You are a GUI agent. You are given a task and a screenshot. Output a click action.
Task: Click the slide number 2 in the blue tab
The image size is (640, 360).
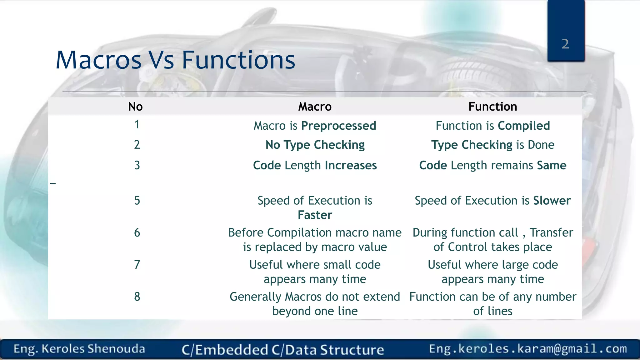565,44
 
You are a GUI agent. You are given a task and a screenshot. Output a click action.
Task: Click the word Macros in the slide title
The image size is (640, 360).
98,60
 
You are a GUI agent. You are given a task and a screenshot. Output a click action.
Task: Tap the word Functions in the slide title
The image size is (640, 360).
238,60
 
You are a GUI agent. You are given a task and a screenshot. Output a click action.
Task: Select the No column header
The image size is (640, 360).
135,107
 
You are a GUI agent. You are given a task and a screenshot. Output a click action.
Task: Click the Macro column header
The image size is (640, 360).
315,107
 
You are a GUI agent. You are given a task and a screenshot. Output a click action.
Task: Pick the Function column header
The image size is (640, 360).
492,107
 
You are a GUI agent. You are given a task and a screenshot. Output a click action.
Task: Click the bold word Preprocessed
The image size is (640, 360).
338,126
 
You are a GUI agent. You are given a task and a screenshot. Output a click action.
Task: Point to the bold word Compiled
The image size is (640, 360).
524,126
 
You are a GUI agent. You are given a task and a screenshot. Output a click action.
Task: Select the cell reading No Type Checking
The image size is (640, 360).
315,145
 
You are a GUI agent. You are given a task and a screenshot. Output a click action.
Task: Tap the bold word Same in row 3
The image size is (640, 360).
552,165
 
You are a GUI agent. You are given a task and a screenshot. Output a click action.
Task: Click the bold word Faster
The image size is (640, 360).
315,215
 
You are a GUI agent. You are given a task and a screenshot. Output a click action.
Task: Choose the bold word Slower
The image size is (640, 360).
552,201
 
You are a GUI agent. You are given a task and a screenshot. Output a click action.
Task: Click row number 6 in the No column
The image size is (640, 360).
137,233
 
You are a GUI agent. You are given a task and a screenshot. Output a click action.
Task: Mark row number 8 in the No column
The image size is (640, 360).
137,297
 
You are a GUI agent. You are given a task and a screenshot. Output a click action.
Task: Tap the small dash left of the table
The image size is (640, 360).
53,183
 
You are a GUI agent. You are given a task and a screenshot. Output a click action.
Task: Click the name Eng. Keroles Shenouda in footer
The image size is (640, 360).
79,349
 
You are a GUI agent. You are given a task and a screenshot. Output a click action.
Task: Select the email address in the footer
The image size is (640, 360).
528,349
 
